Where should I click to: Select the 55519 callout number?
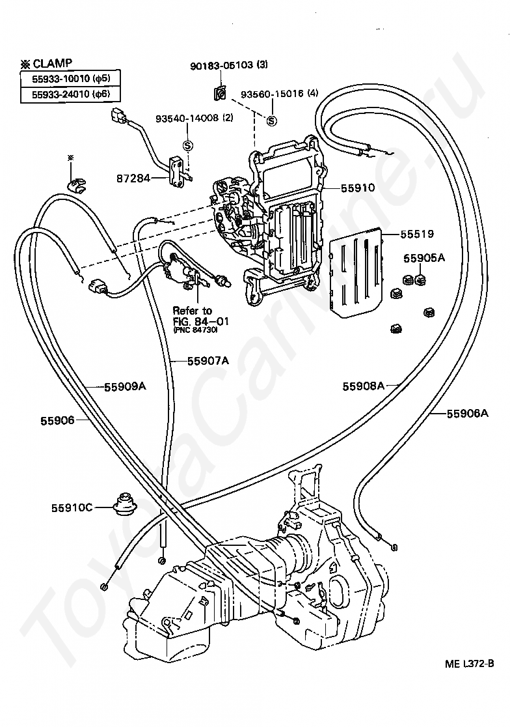coord(417,233)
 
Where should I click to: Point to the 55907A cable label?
coord(208,360)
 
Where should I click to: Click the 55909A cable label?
coord(125,386)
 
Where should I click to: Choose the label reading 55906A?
coord(467,412)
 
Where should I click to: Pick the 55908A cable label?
coord(364,386)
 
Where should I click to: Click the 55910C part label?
coord(72,506)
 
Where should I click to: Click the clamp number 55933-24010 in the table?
coord(58,94)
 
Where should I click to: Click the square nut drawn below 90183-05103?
coord(220,94)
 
